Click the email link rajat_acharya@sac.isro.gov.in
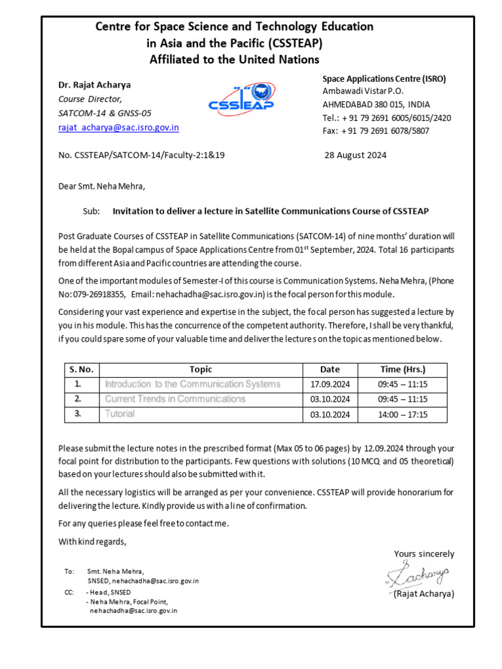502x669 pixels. [118, 128]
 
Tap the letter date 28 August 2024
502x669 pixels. [356, 155]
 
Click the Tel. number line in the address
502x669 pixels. [386, 118]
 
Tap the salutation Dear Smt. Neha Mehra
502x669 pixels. [101, 186]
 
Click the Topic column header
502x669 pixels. [201, 369]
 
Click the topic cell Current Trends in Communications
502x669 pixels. [175, 399]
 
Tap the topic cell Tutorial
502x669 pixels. [120, 414]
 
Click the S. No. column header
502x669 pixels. [82, 369]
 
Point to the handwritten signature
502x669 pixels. [417, 575]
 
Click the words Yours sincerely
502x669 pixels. [424, 554]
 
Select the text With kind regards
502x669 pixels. [92, 541]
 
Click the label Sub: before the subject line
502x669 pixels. [92, 212]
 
